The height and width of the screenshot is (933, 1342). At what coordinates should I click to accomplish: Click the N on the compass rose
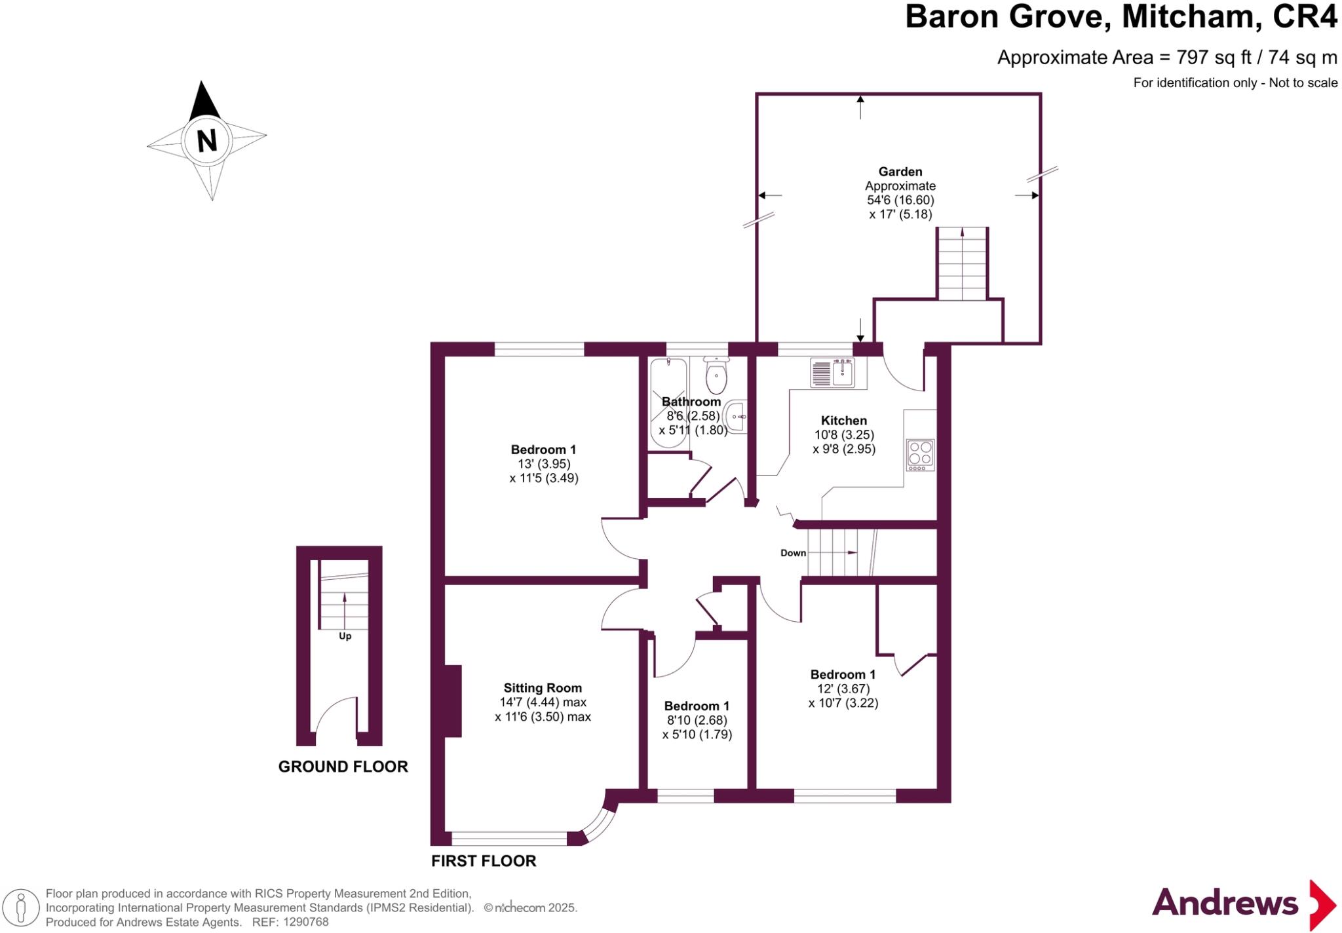206,140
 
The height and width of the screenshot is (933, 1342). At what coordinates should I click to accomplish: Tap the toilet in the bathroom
716,376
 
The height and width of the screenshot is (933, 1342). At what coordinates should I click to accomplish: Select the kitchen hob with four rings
920,454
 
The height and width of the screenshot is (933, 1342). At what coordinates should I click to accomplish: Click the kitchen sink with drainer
833,373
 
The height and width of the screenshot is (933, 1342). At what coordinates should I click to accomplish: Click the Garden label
900,172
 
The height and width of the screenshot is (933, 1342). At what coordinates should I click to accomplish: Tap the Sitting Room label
543,688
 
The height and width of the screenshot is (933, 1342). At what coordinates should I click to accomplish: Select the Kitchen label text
843,421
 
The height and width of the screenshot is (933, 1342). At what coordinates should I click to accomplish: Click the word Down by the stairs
793,553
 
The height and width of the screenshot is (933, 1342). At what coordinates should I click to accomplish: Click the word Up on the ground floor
345,636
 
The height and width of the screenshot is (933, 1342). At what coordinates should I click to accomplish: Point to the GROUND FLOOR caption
343,767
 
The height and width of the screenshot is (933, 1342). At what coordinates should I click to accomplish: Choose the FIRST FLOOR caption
484,861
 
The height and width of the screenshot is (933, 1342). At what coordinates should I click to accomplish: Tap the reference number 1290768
305,923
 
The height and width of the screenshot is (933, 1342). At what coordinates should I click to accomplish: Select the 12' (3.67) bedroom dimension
843,689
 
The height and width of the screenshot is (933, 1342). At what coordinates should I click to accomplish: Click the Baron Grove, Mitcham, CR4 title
1120,17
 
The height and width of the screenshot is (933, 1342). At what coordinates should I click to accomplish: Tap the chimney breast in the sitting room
453,701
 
